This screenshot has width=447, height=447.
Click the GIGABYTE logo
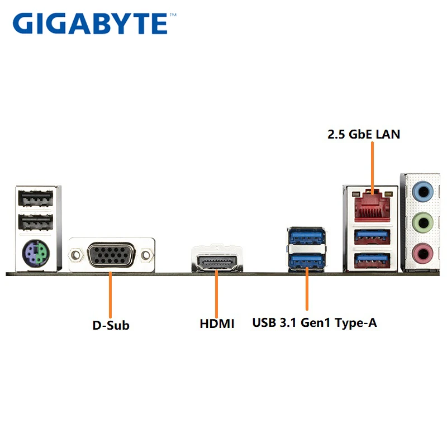click(89, 23)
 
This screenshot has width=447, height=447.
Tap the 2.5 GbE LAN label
click(364, 134)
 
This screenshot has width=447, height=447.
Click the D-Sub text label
click(111, 325)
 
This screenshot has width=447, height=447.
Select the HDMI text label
click(217, 324)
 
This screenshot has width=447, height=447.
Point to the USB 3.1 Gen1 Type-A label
click(315, 323)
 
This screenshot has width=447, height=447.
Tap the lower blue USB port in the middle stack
click(307, 260)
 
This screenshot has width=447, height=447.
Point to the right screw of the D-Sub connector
click(146, 255)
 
